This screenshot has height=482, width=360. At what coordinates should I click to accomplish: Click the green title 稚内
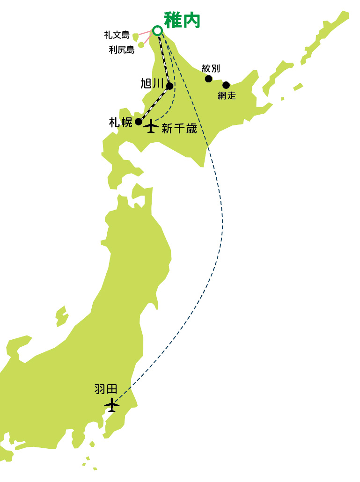pos(183,21)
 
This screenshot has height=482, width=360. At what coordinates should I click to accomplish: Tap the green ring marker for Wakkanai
pos(158,30)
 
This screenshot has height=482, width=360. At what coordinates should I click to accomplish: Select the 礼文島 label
pos(117,35)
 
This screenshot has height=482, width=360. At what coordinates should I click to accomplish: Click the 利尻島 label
pos(122,50)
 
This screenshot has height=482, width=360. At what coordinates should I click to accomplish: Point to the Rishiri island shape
pos(141,45)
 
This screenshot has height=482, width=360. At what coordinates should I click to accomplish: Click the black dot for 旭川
pos(169,86)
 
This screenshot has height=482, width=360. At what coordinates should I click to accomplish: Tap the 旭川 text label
pos(152,84)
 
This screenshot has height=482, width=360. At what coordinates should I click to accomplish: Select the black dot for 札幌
pos(139,122)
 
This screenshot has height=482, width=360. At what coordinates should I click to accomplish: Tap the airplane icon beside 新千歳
pos(151,126)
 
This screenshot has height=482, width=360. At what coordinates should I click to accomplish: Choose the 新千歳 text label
pos(179,129)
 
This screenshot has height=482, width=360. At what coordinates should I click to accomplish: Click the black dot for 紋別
pos(209,79)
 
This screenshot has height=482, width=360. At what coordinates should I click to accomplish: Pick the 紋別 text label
pos(211,68)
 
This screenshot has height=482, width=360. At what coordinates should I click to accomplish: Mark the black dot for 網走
pos(226,85)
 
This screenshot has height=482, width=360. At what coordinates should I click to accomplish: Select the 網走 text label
pos(227,96)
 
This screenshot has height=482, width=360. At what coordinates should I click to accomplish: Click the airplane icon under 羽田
pos(112,404)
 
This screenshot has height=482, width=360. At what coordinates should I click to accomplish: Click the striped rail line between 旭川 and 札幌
pos(154,104)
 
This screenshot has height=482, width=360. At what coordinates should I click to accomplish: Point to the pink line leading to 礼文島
pos(146,33)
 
